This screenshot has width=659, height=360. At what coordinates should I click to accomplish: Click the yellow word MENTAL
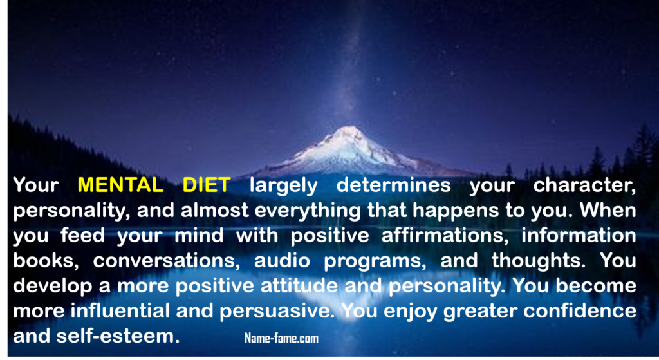(x=120, y=185)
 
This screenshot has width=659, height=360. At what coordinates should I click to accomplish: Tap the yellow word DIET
(x=207, y=185)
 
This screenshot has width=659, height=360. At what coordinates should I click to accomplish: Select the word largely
(x=284, y=186)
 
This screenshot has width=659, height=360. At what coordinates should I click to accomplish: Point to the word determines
(x=393, y=185)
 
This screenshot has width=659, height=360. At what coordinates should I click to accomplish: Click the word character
(x=584, y=186)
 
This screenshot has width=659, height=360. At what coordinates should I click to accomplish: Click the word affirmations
(x=445, y=236)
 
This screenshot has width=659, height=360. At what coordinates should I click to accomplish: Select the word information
(x=579, y=235)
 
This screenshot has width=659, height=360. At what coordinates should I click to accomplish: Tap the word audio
(x=282, y=260)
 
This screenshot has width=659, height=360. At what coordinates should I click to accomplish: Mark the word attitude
(x=299, y=285)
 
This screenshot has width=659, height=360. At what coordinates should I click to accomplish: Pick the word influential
(x=120, y=311)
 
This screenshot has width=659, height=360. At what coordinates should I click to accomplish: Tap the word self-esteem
(x=118, y=336)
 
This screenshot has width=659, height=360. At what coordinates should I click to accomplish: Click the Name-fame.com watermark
(x=282, y=338)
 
